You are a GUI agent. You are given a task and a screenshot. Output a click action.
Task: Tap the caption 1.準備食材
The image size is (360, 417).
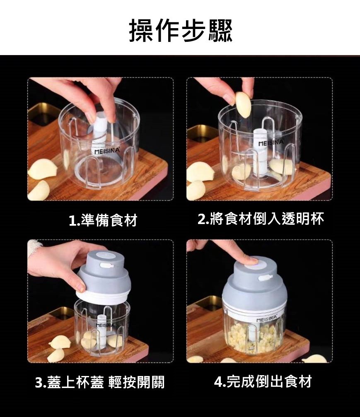pos(103,220)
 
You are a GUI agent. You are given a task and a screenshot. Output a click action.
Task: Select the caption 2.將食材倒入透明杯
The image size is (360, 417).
pos(261,219)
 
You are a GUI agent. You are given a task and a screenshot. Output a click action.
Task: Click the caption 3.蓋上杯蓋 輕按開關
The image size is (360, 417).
pos(100,382)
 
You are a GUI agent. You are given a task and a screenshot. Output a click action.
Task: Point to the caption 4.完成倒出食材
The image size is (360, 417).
pos(263,381)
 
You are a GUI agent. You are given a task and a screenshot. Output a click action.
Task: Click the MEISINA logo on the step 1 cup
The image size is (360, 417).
pos(107,151)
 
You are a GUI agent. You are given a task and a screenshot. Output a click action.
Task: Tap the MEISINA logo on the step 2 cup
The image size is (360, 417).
pos(271,143)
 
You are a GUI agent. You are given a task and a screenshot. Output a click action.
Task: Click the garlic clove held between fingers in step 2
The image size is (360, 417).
pos(243,104)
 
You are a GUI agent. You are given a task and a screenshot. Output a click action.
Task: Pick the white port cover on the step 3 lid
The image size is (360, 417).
pos(107,265)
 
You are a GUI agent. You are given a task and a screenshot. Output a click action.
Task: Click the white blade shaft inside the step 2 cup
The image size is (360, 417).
pos(261,152)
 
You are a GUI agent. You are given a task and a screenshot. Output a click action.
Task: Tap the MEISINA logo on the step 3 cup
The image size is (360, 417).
pos(105,325)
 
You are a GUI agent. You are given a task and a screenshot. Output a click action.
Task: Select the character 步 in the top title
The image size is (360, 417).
pos(194,31)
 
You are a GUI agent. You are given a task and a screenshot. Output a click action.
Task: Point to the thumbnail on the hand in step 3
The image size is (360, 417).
pos(81,287)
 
